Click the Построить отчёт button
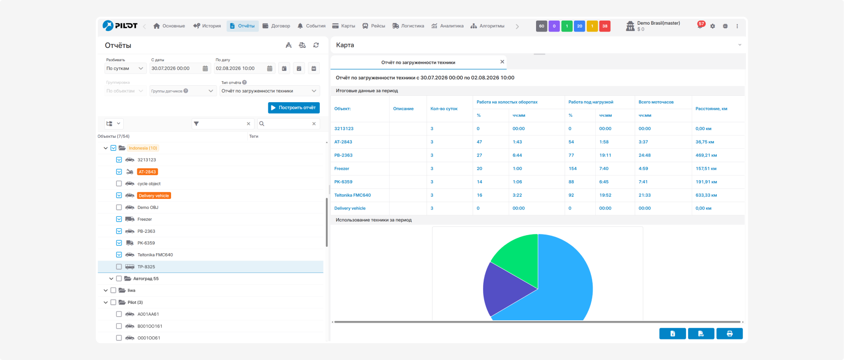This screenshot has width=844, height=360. click(x=294, y=108)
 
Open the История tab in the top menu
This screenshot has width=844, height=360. click(x=207, y=26)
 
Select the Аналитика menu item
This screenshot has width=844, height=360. click(x=448, y=26)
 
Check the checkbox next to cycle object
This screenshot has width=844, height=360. click(x=119, y=183)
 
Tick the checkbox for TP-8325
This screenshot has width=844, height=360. click(x=119, y=266)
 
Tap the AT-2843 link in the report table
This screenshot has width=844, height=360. click(x=343, y=142)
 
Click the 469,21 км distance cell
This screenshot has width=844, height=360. click(x=706, y=155)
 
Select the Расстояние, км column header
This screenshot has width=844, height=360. click(x=711, y=109)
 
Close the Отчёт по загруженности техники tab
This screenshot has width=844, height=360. click(x=502, y=62)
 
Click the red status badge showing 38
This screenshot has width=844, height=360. click(x=605, y=26)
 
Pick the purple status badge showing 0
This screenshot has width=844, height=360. click(x=554, y=26)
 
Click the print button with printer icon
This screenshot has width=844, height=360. click(x=729, y=334)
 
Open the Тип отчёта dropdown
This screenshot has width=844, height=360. click(x=270, y=91)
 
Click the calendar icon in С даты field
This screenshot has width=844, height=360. click(x=205, y=68)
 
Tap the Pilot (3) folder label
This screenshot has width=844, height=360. click(x=135, y=303)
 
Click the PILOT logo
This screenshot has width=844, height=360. click(x=120, y=26)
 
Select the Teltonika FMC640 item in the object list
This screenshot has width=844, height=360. click(x=155, y=255)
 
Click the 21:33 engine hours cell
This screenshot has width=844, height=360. click(x=645, y=195)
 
